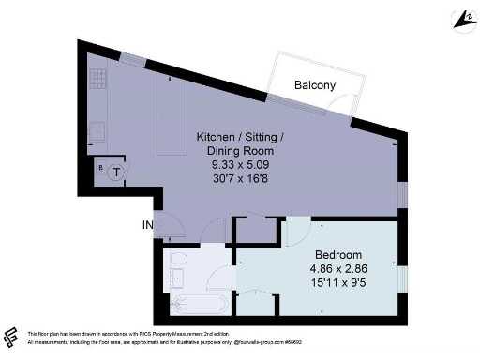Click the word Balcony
315,85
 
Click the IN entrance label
147,225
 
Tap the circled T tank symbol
116,172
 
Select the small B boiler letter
101,166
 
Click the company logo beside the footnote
11,337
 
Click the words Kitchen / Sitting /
239,137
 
